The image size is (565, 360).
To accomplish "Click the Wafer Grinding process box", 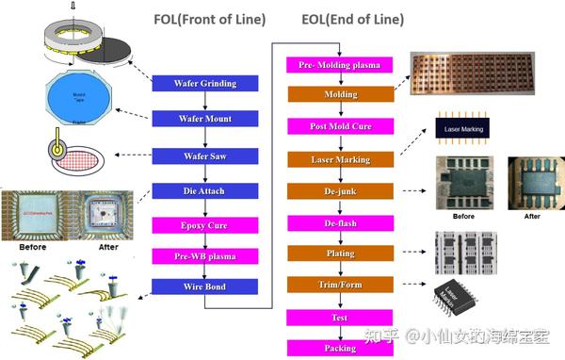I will (x=205, y=84).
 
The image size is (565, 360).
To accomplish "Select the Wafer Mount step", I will (x=205, y=120).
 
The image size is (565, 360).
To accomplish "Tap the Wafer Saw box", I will (x=205, y=155).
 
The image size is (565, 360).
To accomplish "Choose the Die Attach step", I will (x=205, y=191).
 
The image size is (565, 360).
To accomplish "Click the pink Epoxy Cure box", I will (x=205, y=226).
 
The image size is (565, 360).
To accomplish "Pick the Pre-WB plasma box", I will (x=205, y=256).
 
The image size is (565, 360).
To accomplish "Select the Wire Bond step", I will (x=205, y=286).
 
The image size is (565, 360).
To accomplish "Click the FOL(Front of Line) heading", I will (x=209, y=20).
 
